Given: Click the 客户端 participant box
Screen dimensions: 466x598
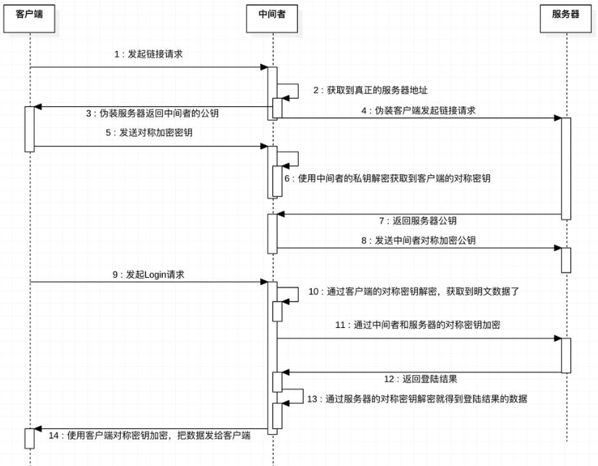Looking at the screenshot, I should click(30, 15).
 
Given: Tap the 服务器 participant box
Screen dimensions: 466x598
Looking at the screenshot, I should click(565, 15).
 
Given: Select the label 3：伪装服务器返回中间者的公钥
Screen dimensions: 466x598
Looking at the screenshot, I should click(153, 113).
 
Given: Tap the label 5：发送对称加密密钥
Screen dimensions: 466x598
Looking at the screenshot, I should click(150, 134).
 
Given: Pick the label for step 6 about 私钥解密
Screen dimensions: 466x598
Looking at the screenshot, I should click(387, 178).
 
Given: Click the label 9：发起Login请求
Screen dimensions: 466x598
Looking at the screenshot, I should click(149, 274).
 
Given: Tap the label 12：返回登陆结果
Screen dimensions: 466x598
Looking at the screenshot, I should click(420, 379).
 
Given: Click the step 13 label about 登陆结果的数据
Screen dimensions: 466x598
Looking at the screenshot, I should click(417, 398).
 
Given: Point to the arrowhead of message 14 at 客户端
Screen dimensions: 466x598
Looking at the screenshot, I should click(38, 430).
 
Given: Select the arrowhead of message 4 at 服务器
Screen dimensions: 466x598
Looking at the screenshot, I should click(557, 117).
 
